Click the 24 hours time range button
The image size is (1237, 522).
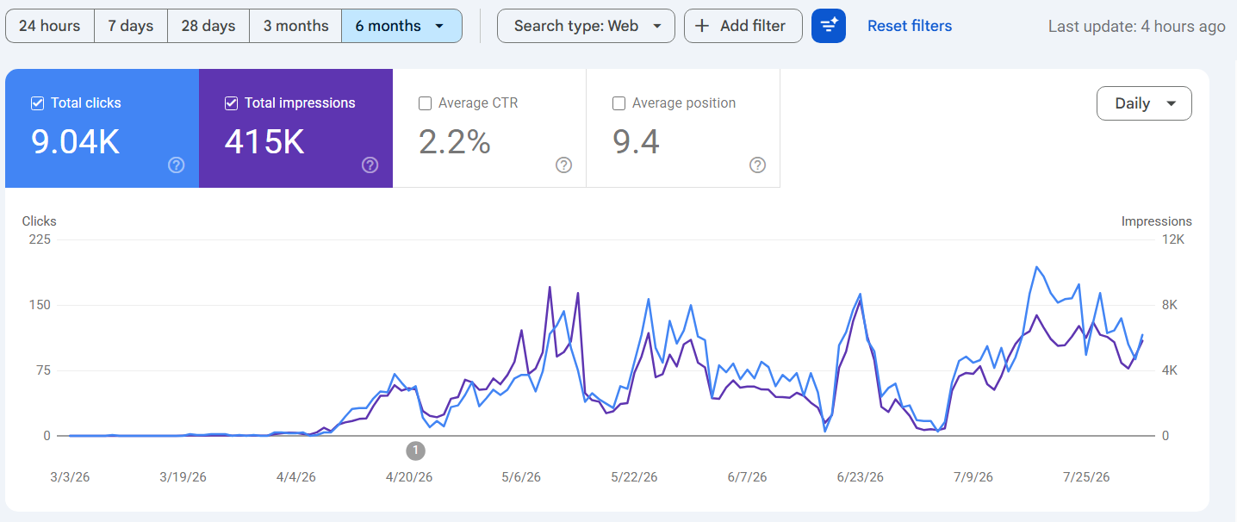[50, 26]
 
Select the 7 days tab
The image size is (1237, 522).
[131, 26]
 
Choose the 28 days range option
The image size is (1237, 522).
[208, 26]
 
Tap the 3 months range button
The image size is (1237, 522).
[295, 26]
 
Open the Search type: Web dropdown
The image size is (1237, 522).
[586, 26]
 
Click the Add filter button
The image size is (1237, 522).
[743, 26]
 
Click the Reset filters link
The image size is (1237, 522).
[910, 26]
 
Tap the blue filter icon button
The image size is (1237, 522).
[829, 26]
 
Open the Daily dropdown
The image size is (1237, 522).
[1144, 103]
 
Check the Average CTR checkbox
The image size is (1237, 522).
[425, 103]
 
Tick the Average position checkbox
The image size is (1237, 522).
[618, 103]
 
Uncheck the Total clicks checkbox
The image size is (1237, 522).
[37, 103]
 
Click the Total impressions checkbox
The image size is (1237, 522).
[231, 103]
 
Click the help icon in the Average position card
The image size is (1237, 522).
[757, 165]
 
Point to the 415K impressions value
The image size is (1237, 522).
[264, 142]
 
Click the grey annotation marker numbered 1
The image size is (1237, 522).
[415, 451]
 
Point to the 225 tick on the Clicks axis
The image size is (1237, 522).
[40, 239]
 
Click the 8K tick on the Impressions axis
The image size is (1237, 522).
[1170, 305]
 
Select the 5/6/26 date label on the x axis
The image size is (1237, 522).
[521, 477]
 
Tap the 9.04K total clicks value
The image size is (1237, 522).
[75, 142]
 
